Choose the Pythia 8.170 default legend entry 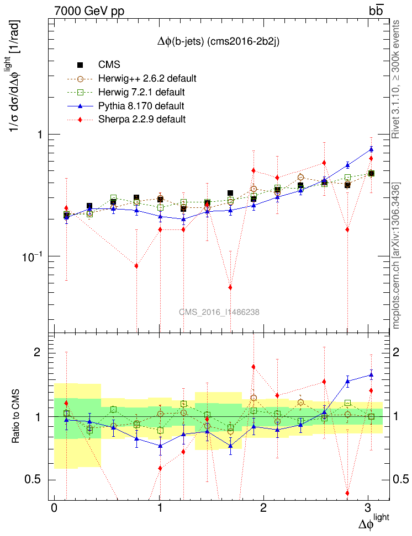click(x=141, y=105)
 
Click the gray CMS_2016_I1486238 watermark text click(x=219, y=312)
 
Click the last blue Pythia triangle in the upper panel click(x=371, y=149)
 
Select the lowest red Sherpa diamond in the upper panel click(x=230, y=287)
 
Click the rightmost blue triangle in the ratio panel click(x=371, y=375)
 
